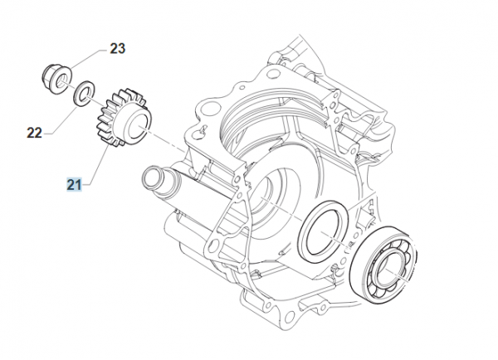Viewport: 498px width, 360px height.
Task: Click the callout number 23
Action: click(x=118, y=49)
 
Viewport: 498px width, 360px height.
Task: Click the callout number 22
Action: click(x=34, y=133)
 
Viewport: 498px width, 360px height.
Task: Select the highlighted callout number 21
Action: click(x=74, y=184)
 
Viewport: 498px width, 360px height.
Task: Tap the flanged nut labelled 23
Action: click(x=56, y=79)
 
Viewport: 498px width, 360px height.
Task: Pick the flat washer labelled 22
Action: click(x=84, y=94)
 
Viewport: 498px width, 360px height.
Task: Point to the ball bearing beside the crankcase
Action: click(x=383, y=264)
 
